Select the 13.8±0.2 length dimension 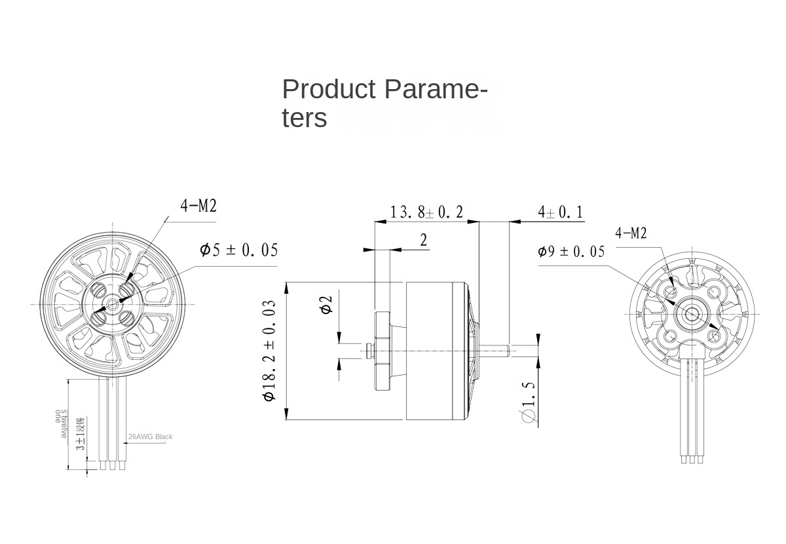426,212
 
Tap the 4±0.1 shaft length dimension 560,212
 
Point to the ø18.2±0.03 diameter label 269,351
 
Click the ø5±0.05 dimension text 238,250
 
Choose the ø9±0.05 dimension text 571,252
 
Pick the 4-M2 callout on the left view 198,206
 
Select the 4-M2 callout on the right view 631,233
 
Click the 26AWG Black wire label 151,437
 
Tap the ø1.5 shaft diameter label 529,400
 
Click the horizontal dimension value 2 424,241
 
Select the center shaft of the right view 692,313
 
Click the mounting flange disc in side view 381,351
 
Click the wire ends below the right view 692,459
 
